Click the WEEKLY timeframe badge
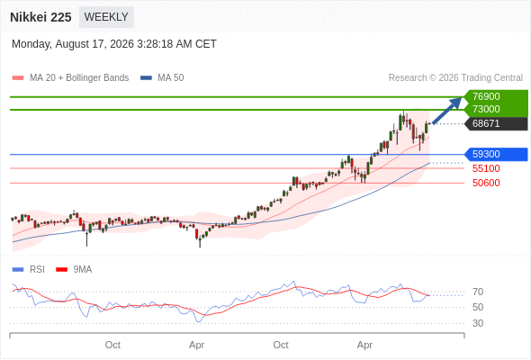[x=106, y=17]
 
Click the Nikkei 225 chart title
[x=40, y=17]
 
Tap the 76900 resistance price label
[x=486, y=96]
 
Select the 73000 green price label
[x=486, y=109]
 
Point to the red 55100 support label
[x=486, y=168]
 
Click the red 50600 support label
[x=486, y=183]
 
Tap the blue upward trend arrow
[x=447, y=111]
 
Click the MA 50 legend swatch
[x=146, y=78]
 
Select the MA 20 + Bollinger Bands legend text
[x=79, y=78]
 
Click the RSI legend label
[x=37, y=270]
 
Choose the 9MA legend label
[x=83, y=270]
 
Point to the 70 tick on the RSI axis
[x=478, y=292]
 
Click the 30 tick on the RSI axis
[x=478, y=323]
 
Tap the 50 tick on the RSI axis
[x=478, y=307]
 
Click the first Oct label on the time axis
[x=112, y=345]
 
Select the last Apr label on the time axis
[x=364, y=345]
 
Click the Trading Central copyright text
[x=455, y=78]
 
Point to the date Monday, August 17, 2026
[x=73, y=44]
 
